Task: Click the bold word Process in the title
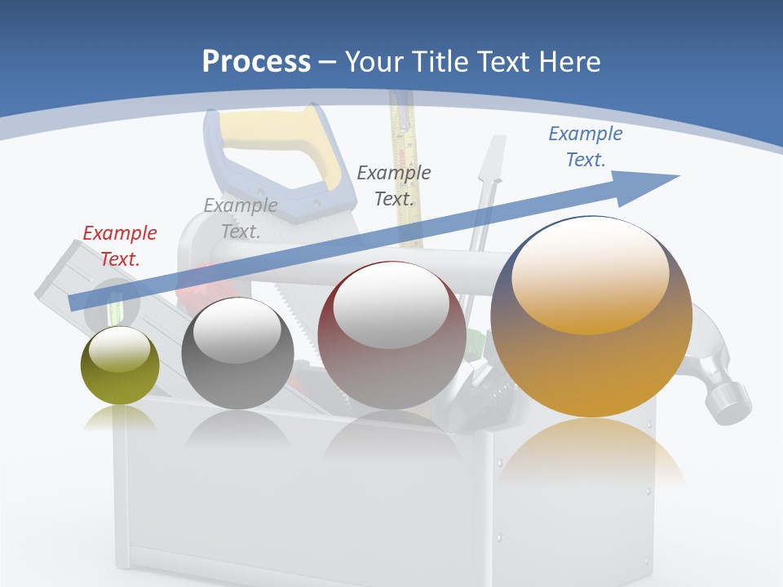tap(256, 61)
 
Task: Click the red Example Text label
tap(120, 245)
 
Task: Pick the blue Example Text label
tap(586, 147)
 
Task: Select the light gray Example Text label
tap(241, 218)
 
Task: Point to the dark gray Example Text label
tap(394, 185)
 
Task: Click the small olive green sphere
tap(120, 367)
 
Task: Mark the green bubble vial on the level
tap(115, 309)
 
